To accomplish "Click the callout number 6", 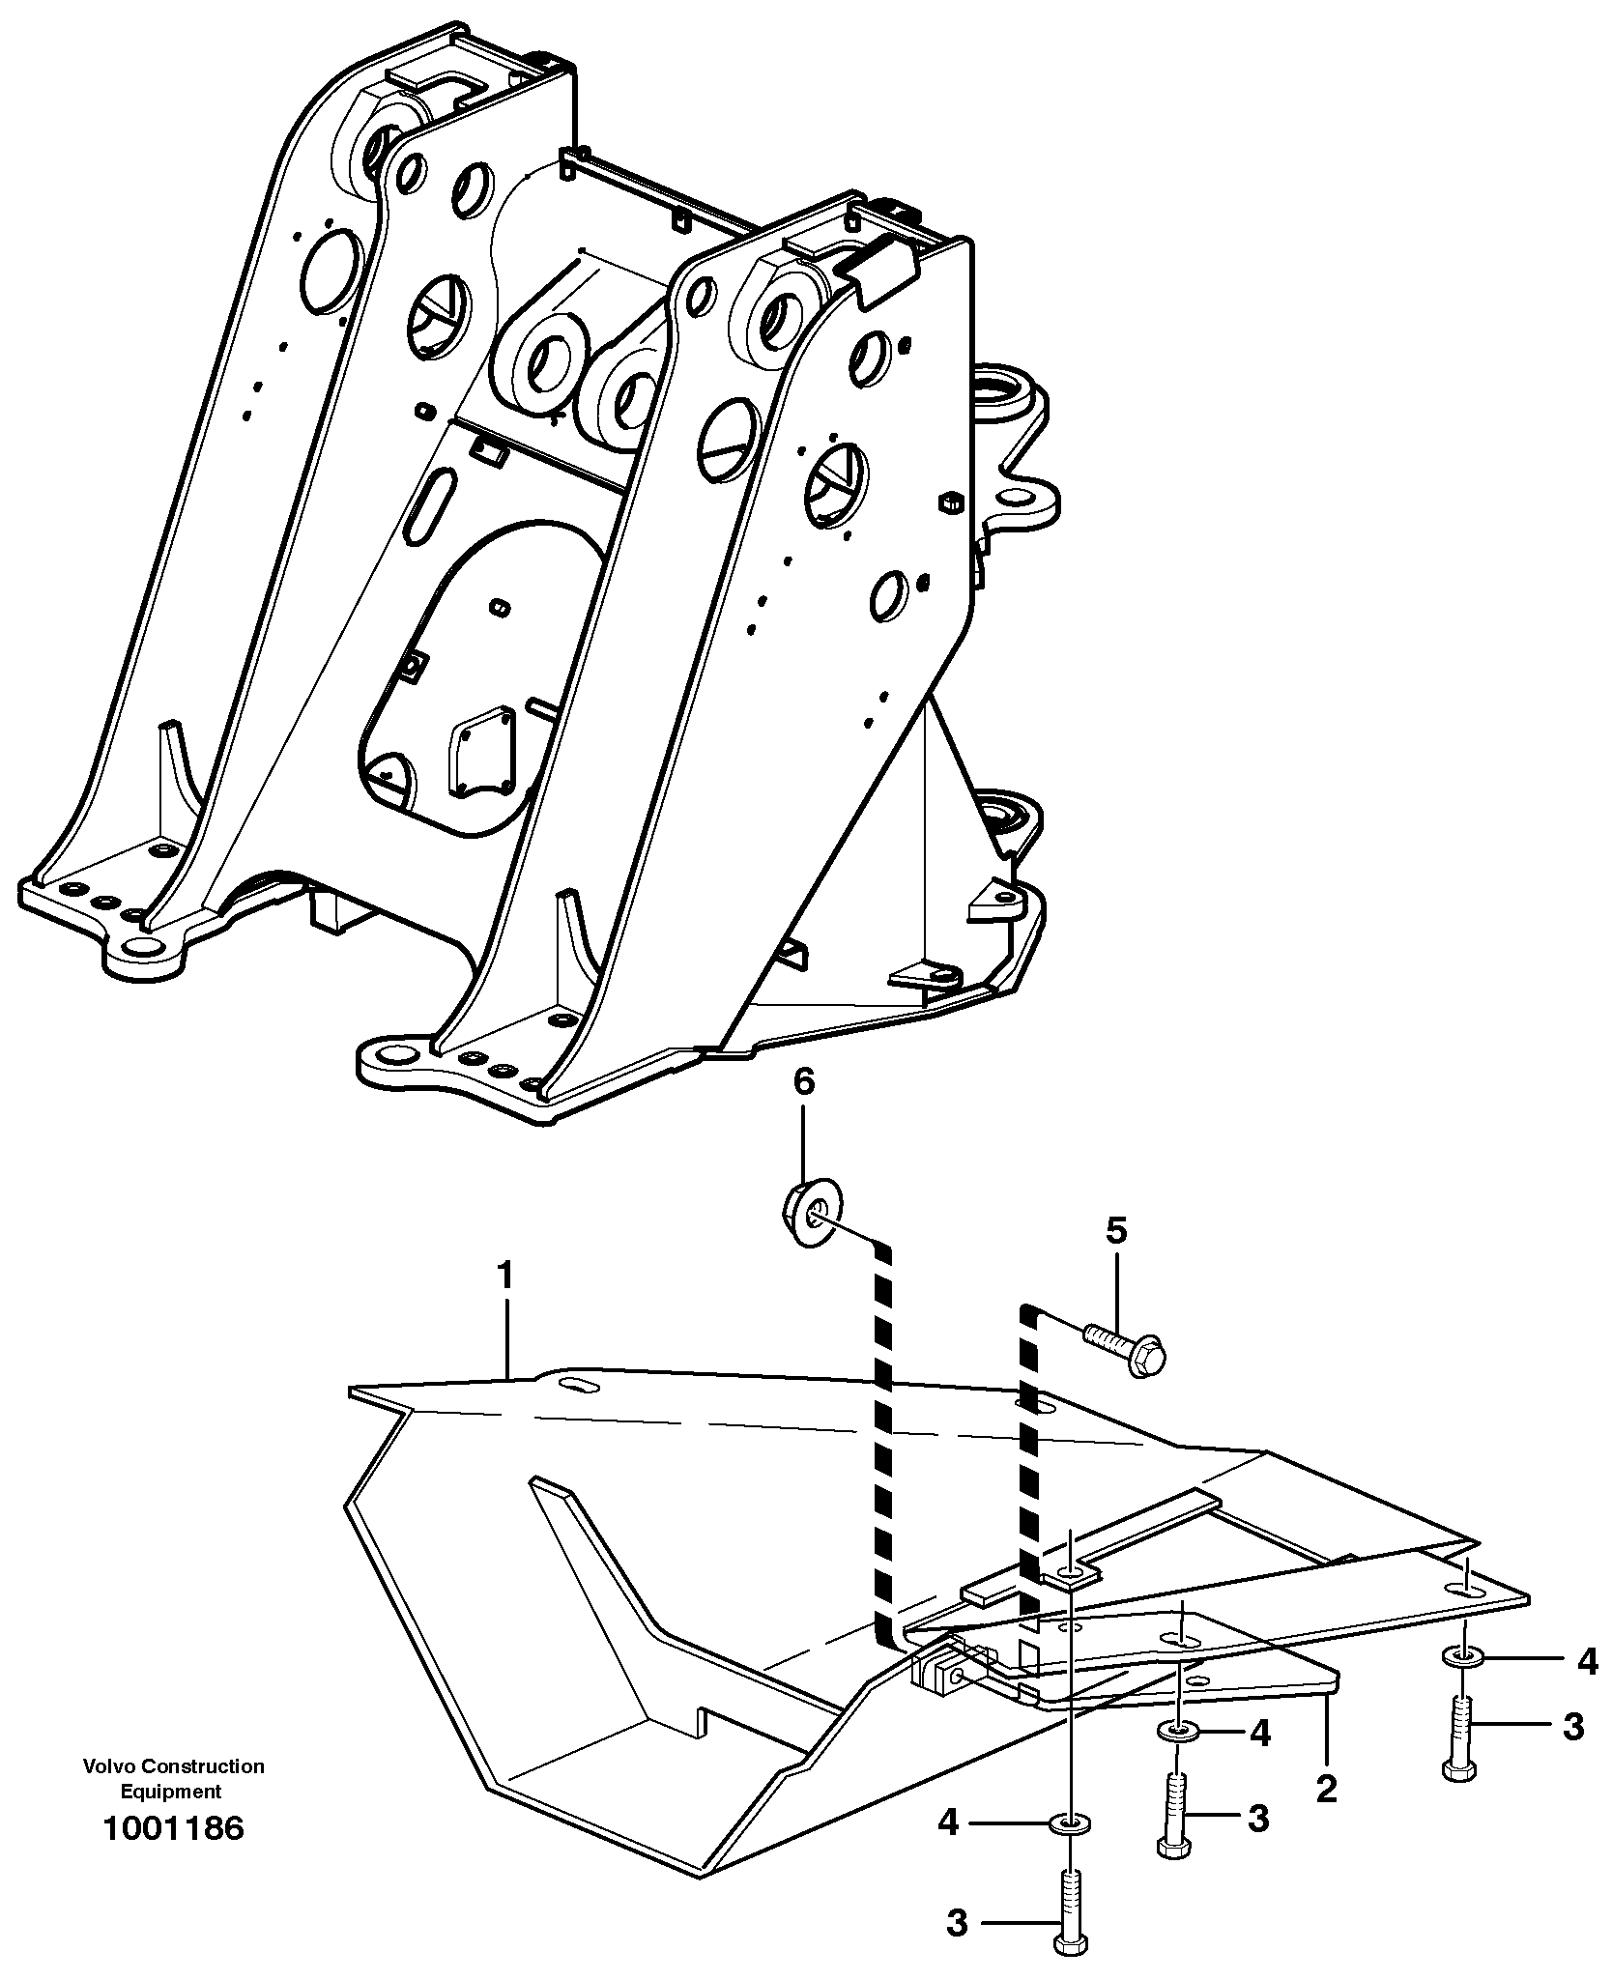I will coord(804,1082).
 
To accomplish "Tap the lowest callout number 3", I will coord(956,1923).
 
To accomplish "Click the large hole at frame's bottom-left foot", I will coord(143,945).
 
